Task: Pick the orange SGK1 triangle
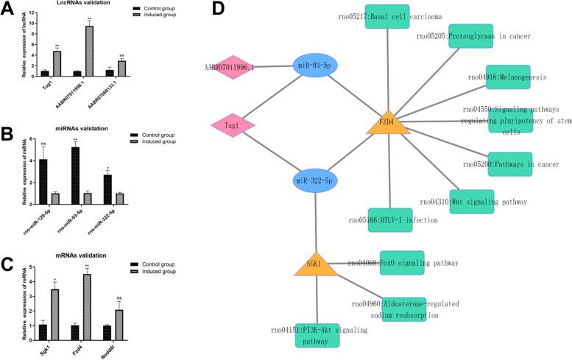(317, 263)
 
